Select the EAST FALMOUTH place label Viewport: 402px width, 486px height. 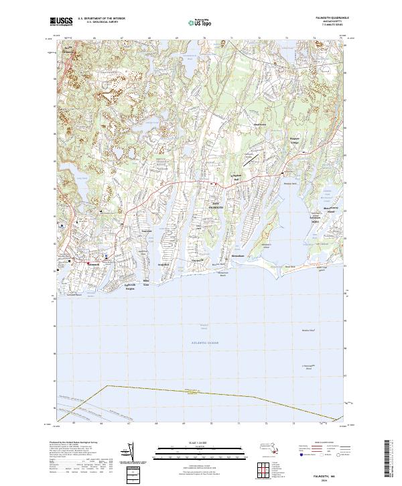pos(212,207)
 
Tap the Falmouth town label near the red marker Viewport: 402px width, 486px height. pos(94,263)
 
